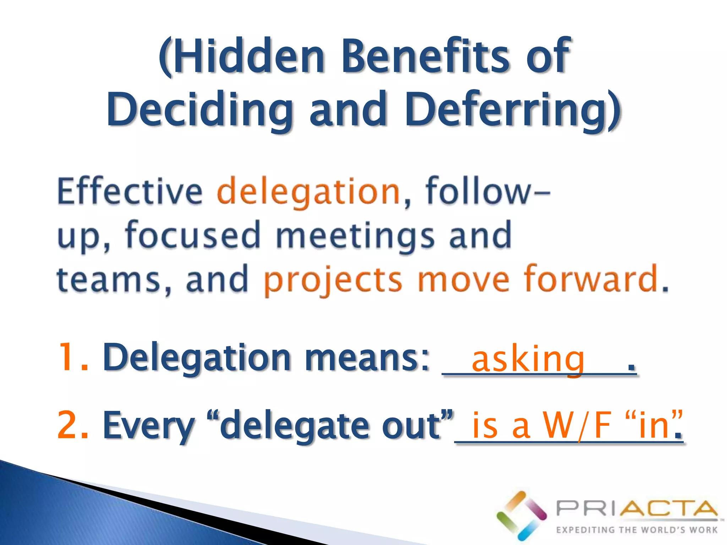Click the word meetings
(x=355, y=236)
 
